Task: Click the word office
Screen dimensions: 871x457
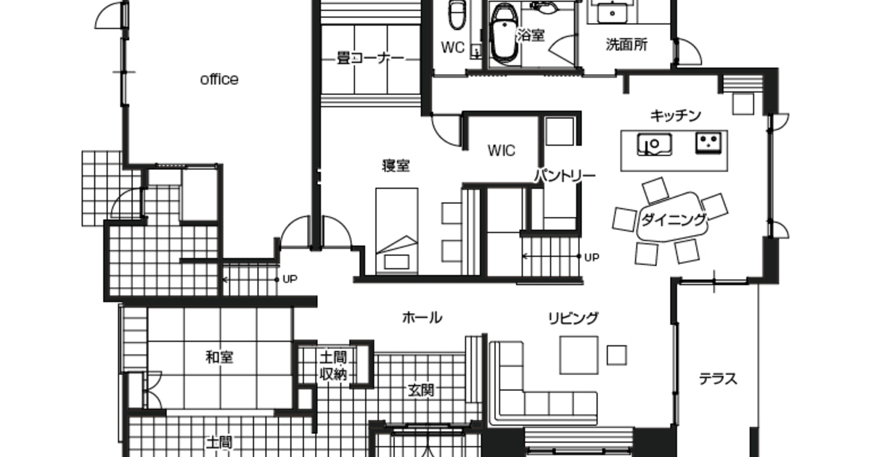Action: pyautogui.click(x=219, y=79)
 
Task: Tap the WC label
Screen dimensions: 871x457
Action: pyautogui.click(x=453, y=47)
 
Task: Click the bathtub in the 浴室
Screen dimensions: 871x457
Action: pyautogui.click(x=504, y=34)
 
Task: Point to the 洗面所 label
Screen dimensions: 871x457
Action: pyautogui.click(x=626, y=45)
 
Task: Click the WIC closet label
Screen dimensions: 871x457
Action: pyautogui.click(x=502, y=151)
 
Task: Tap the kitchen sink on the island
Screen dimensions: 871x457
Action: pyautogui.click(x=655, y=144)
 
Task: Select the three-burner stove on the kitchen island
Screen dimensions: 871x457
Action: pyautogui.click(x=708, y=142)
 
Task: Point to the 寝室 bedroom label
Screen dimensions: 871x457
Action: pyautogui.click(x=396, y=166)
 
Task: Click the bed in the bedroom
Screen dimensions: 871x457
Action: pyautogui.click(x=396, y=231)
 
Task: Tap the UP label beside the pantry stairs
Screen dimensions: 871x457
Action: pyautogui.click(x=592, y=258)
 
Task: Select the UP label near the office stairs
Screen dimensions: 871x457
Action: pyautogui.click(x=290, y=279)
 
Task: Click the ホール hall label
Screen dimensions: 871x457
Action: pyautogui.click(x=422, y=318)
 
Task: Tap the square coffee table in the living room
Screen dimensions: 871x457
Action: pyautogui.click(x=578, y=355)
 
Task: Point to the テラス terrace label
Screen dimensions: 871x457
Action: pyautogui.click(x=718, y=379)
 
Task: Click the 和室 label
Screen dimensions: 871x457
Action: pyautogui.click(x=219, y=357)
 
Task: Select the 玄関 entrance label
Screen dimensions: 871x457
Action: pyautogui.click(x=421, y=390)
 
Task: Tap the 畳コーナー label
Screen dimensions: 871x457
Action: pyautogui.click(x=371, y=59)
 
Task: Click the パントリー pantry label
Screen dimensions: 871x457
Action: pyautogui.click(x=565, y=176)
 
